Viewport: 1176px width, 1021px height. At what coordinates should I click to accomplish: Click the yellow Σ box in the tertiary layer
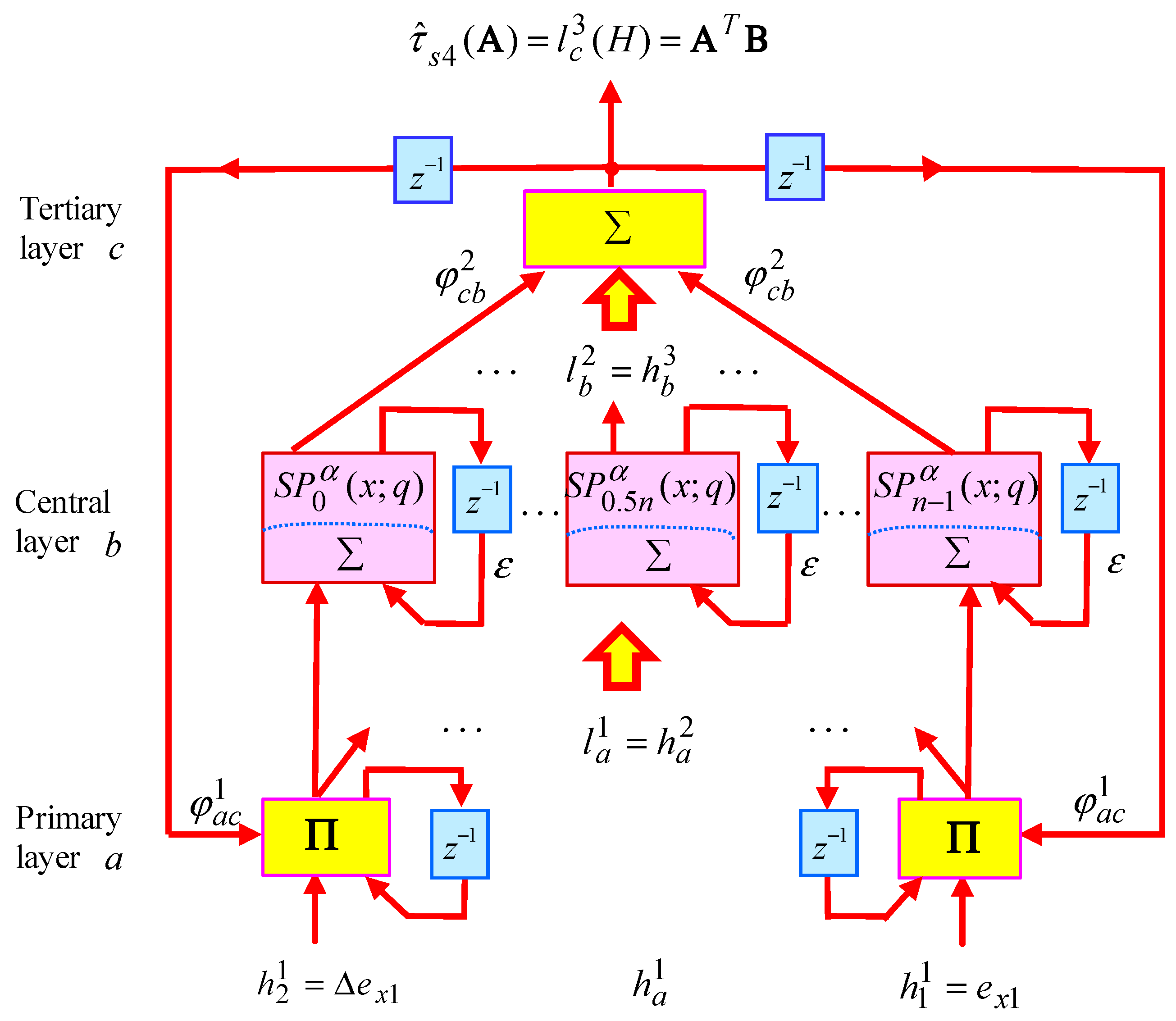click(614, 228)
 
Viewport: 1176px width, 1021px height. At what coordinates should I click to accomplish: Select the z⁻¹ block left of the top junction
click(423, 170)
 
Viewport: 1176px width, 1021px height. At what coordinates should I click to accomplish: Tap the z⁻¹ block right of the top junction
click(794, 167)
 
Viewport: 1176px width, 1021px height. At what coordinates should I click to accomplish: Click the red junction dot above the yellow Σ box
click(611, 169)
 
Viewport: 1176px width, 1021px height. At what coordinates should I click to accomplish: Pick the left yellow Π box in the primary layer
click(326, 836)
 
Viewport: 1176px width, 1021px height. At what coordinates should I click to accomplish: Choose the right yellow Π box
click(959, 838)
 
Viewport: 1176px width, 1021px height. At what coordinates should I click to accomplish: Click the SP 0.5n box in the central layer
click(652, 519)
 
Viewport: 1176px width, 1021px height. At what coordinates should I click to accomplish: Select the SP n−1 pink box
click(954, 519)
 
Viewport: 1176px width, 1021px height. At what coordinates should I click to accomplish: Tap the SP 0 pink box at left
click(349, 517)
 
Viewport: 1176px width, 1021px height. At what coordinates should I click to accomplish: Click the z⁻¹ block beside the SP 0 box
click(482, 499)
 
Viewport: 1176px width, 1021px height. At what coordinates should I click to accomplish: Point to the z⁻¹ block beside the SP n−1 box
click(1089, 498)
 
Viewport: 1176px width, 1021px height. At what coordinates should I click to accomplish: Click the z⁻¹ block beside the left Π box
click(460, 844)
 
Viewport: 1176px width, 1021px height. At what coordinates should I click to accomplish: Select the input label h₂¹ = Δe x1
click(328, 985)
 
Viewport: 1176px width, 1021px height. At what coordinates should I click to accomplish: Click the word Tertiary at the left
click(71, 210)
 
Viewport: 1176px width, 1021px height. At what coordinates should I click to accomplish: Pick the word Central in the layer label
click(63, 502)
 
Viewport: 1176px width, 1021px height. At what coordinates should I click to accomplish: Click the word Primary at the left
click(68, 818)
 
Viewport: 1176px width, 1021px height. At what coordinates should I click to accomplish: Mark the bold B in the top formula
click(756, 41)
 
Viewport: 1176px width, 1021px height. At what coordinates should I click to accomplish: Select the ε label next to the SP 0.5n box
click(809, 566)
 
